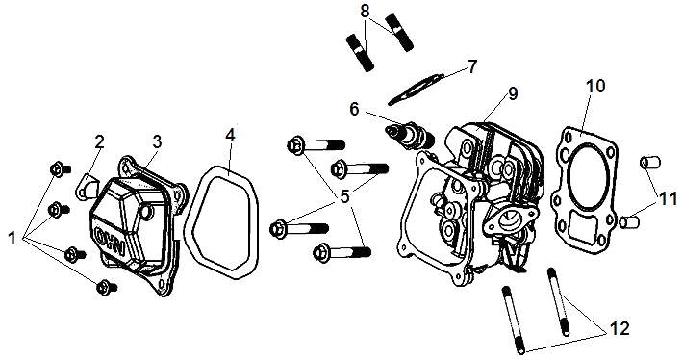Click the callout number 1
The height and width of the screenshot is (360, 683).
point(12,238)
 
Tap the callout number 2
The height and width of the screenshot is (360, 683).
point(100,141)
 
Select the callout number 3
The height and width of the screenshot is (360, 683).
point(157,141)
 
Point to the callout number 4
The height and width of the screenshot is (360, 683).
point(230,135)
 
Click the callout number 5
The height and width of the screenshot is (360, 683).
point(345,197)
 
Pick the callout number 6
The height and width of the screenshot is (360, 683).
point(354,110)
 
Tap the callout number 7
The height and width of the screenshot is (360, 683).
point(472,66)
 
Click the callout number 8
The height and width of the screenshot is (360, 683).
point(365,12)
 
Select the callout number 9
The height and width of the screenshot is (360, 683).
point(513,93)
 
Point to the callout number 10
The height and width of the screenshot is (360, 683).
point(595,86)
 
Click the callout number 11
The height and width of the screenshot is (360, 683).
point(668,198)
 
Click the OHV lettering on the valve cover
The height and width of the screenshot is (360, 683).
point(110,242)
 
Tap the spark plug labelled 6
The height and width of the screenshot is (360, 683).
point(410,135)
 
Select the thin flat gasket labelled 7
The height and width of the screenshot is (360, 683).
point(416,89)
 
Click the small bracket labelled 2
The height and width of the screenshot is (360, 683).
point(87,188)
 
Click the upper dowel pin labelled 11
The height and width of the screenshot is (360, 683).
point(650,163)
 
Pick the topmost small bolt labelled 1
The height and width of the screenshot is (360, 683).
point(60,168)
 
